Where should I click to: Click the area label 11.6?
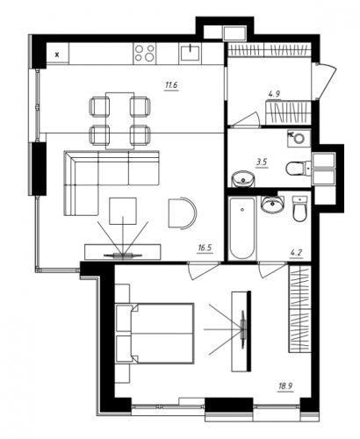172,86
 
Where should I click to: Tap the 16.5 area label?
205,248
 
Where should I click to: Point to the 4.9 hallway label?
274,94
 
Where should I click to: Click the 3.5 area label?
262,162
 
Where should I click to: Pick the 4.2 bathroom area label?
297,252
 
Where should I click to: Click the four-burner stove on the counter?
145,53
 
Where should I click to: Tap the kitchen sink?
190,53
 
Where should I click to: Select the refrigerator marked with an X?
58,54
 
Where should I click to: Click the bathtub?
241,228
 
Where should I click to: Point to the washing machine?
299,138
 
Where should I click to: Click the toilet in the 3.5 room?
298,169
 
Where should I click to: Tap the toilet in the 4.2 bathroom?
299,209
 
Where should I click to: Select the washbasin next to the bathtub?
272,204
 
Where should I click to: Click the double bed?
155,334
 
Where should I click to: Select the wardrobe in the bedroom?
299,309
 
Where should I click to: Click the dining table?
120,120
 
